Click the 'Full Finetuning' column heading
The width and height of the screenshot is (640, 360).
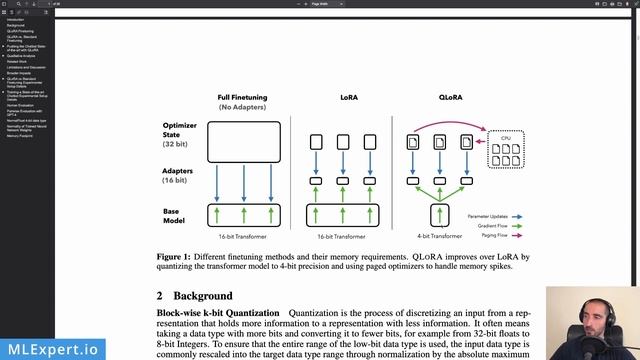click(x=243, y=97)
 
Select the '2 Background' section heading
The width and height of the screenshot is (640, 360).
click(x=195, y=296)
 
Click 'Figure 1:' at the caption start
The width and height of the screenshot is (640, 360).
click(x=174, y=257)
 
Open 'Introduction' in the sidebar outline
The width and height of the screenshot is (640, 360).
click(x=17, y=18)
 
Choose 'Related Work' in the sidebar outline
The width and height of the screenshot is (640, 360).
click(x=18, y=61)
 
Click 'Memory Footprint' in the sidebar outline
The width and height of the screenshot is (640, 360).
click(x=20, y=134)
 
